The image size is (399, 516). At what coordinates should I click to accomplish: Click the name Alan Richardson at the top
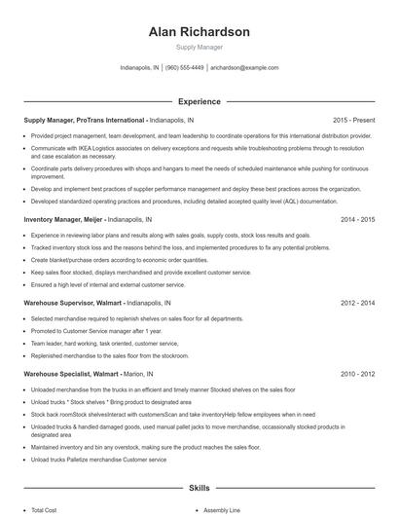[199, 31]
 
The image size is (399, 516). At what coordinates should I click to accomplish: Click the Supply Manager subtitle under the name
[199, 47]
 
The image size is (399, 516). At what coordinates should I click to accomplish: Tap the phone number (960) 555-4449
[184, 68]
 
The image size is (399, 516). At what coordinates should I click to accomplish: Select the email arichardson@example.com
[244, 68]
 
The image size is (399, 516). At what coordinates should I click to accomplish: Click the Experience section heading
[199, 101]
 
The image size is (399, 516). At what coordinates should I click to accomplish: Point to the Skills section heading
[199, 487]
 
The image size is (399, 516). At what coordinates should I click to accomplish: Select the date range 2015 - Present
[353, 120]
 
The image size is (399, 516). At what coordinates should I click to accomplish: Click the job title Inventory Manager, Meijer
[63, 220]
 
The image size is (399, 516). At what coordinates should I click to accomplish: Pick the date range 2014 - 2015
[357, 220]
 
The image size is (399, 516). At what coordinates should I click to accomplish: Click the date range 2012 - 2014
[357, 304]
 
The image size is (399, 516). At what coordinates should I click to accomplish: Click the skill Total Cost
[44, 509]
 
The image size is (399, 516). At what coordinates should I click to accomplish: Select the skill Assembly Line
[222, 509]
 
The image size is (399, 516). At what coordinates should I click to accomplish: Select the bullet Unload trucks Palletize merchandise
[97, 459]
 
